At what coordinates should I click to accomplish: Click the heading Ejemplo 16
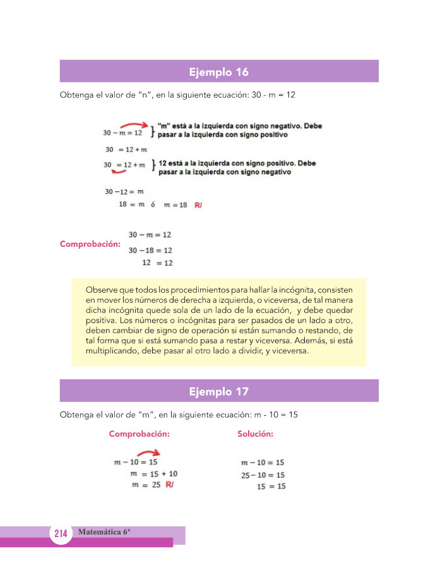click(x=219, y=72)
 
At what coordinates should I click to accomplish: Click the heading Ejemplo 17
click(x=219, y=392)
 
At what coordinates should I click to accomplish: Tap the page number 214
click(x=61, y=533)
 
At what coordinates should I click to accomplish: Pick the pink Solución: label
click(x=255, y=434)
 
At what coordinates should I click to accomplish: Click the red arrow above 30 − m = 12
click(x=134, y=125)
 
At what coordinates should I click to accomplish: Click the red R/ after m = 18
click(x=198, y=205)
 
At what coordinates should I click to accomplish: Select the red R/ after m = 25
click(x=169, y=485)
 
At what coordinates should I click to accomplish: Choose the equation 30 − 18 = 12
click(x=150, y=251)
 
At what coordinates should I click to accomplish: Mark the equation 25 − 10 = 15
click(x=263, y=475)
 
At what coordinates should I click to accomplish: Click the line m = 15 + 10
click(x=153, y=473)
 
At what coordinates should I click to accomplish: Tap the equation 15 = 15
click(x=271, y=486)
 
